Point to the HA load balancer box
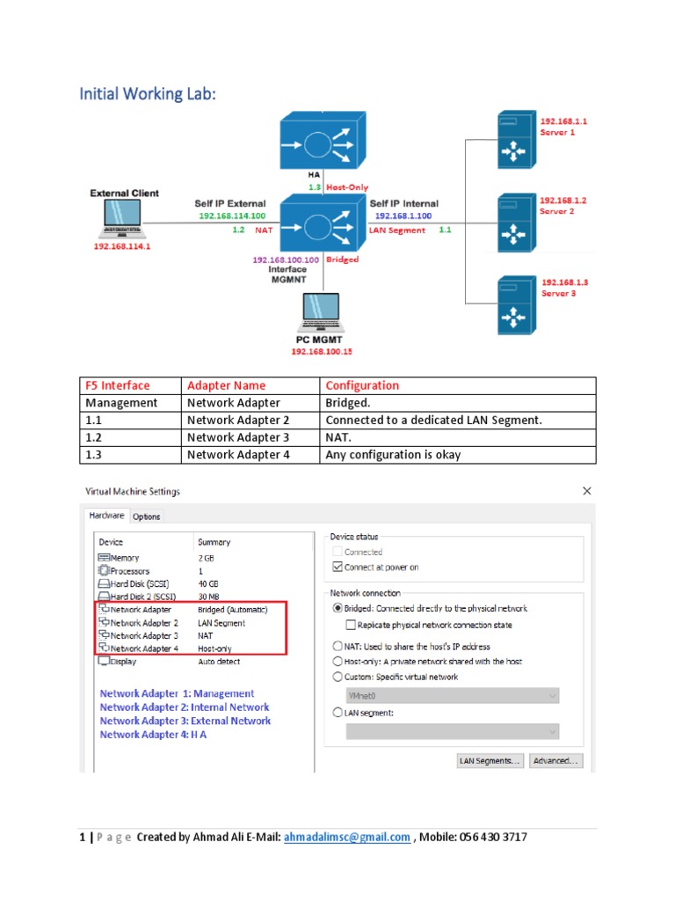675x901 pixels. point(320,143)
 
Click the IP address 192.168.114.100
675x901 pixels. point(231,216)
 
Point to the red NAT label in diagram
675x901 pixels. point(264,231)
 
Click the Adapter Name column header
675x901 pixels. point(226,385)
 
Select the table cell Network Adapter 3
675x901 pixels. point(237,437)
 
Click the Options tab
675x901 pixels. point(147,516)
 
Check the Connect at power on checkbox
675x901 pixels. point(337,568)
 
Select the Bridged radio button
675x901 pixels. point(338,608)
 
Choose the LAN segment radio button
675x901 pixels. point(338,714)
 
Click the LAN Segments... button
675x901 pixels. point(490,760)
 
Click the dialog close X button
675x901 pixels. point(587,491)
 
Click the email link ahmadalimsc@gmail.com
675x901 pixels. point(347,838)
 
